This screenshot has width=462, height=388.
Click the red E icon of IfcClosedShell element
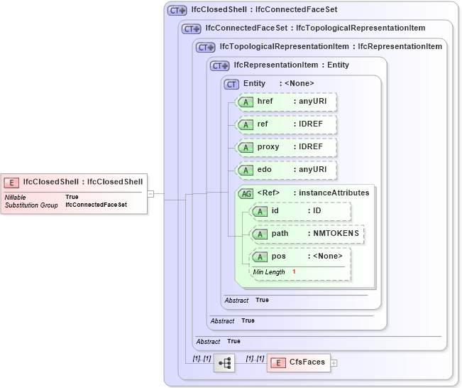coord(12,181)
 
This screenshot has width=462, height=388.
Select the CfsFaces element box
coord(298,362)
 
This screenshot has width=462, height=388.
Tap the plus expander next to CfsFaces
coord(334,363)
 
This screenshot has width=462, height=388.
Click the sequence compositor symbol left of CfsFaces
coord(225,362)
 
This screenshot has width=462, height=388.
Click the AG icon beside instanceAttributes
coord(246,193)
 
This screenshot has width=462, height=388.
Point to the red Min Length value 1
coord(294,272)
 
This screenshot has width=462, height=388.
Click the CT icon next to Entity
coord(231,84)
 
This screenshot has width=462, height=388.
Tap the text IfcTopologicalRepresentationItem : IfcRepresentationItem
coord(331,47)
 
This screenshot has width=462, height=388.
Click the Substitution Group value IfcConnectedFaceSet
coord(96,205)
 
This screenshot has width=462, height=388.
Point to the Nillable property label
coord(16,197)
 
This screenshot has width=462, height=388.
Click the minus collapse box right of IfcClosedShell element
coord(150,193)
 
